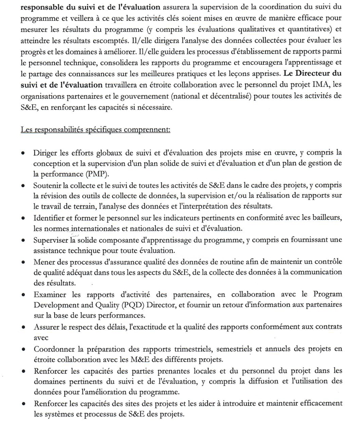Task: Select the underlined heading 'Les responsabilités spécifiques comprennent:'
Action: tap(96, 129)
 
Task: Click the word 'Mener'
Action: tap(45, 262)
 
